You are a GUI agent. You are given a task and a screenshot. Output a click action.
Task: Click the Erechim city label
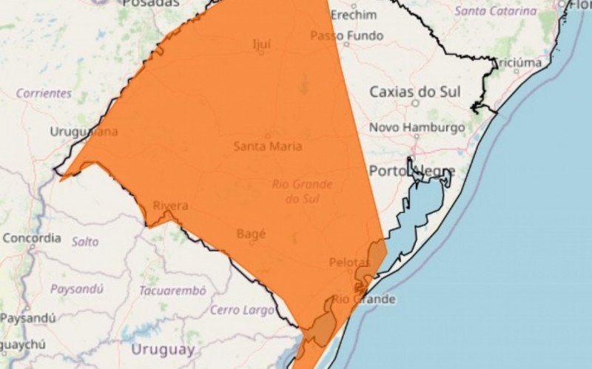[353, 15]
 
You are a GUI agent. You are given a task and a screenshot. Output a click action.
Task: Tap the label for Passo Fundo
[346, 35]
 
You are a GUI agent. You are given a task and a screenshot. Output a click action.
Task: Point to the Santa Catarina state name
[495, 11]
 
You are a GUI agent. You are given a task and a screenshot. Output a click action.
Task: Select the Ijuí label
[260, 44]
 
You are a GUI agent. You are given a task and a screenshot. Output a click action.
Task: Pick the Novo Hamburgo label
[417, 127]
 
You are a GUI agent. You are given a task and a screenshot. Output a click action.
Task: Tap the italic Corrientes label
[44, 94]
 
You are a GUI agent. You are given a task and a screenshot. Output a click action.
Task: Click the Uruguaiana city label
[84, 132]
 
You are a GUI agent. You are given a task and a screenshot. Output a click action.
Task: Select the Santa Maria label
[267, 146]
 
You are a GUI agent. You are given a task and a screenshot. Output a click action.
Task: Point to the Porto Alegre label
[411, 171]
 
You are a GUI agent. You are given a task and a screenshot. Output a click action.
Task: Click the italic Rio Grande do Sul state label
[302, 191]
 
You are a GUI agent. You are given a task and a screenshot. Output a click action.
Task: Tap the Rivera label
[170, 206]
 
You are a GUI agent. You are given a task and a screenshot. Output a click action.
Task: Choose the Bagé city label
[250, 234]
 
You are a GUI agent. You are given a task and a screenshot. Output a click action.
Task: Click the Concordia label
[32, 238]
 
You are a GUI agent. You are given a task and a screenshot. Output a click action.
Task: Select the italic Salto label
[85, 241]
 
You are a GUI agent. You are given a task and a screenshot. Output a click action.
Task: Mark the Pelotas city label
[349, 263]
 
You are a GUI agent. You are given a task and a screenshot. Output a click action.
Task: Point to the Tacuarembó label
[172, 291]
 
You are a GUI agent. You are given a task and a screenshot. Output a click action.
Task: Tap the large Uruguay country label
[163, 349]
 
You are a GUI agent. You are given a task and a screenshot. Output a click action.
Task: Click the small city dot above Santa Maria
[267, 135]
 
